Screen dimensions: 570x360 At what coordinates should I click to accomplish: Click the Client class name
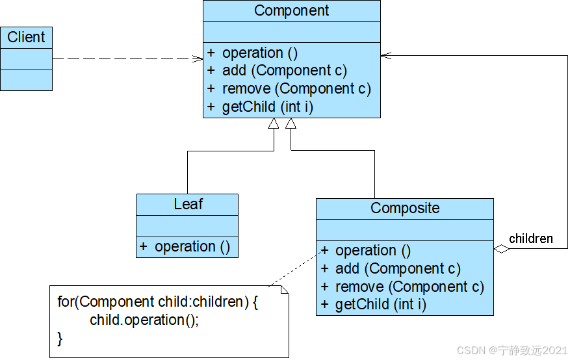pyautogui.click(x=26, y=37)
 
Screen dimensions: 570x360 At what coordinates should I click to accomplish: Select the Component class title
pyautogui.click(x=292, y=10)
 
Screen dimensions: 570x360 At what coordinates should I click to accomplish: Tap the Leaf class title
pyautogui.click(x=188, y=204)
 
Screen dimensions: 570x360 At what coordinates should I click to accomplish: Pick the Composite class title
pyautogui.click(x=405, y=208)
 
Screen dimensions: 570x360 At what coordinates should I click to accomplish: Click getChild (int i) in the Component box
pyautogui.click(x=268, y=107)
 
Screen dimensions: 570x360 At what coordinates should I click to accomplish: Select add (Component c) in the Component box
pyautogui.click(x=285, y=70)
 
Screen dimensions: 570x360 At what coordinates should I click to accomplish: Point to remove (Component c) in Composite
pyautogui.click(x=409, y=287)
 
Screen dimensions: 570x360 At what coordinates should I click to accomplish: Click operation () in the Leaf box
pyautogui.click(x=192, y=247)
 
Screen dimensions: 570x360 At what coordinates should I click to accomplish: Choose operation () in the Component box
pyautogui.click(x=260, y=53)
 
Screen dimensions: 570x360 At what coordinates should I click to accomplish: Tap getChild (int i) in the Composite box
pyautogui.click(x=381, y=304)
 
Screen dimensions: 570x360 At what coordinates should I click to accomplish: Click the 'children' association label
pyautogui.click(x=531, y=238)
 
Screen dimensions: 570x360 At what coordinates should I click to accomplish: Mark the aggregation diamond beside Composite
pyautogui.click(x=502, y=249)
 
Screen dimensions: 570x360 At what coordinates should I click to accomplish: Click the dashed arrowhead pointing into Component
pyautogui.click(x=198, y=59)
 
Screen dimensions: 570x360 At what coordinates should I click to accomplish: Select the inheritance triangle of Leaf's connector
pyautogui.click(x=274, y=123)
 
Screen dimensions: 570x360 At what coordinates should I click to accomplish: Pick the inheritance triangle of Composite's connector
pyautogui.click(x=291, y=123)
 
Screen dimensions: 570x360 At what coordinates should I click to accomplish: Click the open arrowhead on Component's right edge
pyautogui.click(x=386, y=56)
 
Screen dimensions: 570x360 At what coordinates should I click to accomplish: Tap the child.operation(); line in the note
pyautogui.click(x=144, y=320)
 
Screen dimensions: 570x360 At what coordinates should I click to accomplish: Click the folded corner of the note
pyautogui.click(x=285, y=290)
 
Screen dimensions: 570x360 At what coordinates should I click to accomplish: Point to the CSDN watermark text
pyautogui.click(x=512, y=350)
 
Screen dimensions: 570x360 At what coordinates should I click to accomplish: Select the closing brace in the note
pyautogui.click(x=60, y=339)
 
